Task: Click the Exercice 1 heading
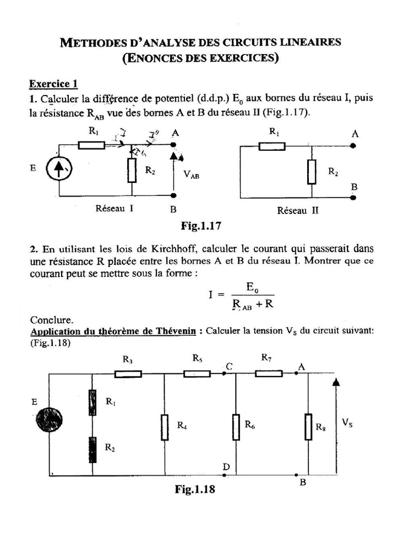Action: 53,84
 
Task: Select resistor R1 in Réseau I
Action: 91,145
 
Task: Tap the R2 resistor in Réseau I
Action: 132,170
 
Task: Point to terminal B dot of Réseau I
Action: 173,195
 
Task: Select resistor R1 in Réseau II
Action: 272,146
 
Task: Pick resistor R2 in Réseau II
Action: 312,171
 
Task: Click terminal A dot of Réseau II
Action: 354,146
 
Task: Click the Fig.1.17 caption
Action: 200,225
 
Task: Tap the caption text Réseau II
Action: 297,211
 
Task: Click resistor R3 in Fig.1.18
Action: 128,374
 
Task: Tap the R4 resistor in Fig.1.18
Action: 165,424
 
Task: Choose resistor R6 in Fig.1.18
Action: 236,424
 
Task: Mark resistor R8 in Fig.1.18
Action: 308,424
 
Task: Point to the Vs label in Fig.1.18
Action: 347,423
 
